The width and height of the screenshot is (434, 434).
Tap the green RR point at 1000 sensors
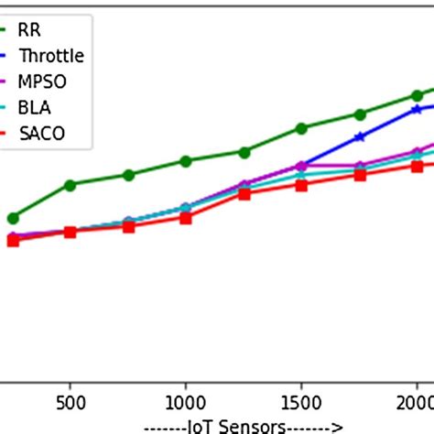186,161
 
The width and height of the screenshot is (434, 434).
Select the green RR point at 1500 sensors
301,128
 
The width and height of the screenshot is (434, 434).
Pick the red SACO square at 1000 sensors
186,218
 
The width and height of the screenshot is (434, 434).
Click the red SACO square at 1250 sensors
244,193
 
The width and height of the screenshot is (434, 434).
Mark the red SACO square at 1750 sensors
360,175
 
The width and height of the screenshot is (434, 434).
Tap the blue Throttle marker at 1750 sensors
360,136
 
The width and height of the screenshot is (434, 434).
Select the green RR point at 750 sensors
128,174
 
